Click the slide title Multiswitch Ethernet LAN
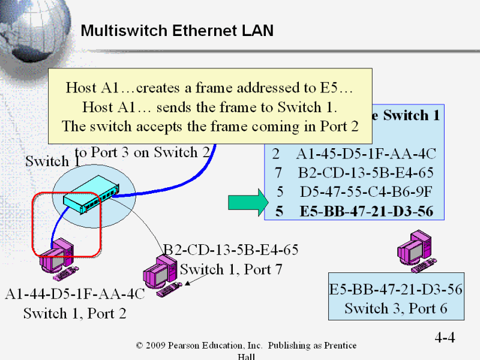[x=177, y=31]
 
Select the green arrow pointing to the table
[x=247, y=202]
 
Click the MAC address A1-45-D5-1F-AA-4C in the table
[x=366, y=154]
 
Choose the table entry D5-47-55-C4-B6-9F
[x=366, y=192]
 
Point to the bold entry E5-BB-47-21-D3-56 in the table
[x=366, y=211]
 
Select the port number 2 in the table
[x=276, y=154]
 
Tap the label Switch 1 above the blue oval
[x=52, y=161]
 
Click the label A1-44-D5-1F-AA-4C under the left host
[x=75, y=295]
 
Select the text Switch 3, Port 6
[x=396, y=308]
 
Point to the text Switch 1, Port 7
[x=231, y=269]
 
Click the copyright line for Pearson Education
[x=246, y=346]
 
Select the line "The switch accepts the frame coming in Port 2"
[x=210, y=126]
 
